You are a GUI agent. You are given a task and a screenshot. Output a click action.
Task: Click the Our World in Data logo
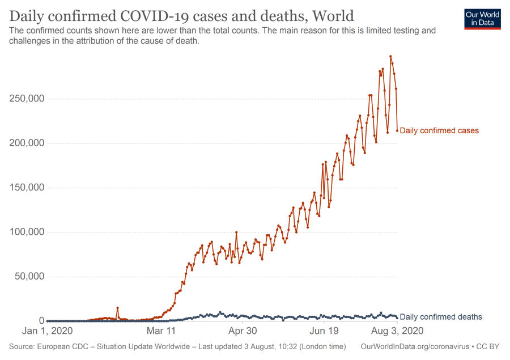(x=482, y=19)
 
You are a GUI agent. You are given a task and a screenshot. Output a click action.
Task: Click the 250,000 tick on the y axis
(x=28, y=99)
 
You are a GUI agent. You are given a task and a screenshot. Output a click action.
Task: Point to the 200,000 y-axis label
(x=28, y=143)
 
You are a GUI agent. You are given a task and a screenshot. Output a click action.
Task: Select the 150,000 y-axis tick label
(x=28, y=188)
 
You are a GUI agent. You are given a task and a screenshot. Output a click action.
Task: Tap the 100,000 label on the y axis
(x=28, y=232)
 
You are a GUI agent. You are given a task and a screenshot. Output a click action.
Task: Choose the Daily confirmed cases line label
(x=439, y=130)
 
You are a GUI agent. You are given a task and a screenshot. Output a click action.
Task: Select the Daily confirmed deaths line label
(x=441, y=317)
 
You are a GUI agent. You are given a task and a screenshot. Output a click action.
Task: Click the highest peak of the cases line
(x=390, y=56)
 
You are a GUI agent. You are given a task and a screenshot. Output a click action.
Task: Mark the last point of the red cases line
(x=397, y=130)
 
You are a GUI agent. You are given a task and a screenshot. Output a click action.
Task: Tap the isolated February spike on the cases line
(x=117, y=308)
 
